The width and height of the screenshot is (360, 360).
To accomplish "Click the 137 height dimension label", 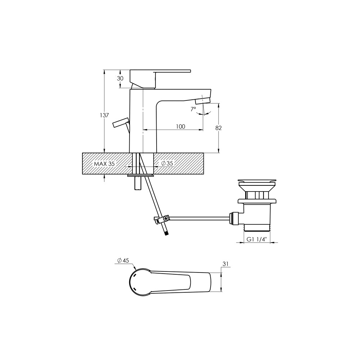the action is [104, 115].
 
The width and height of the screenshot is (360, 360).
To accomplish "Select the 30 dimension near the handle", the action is [120, 78].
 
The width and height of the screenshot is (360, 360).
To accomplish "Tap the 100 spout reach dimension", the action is [181, 126].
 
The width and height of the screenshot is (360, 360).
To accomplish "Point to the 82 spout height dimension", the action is [219, 128].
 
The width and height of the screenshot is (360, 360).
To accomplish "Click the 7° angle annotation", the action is [193, 109].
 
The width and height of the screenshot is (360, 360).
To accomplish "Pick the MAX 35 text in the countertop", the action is [104, 164].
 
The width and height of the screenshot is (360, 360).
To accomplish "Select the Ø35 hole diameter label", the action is [167, 163].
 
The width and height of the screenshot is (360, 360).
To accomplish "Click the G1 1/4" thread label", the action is [256, 239].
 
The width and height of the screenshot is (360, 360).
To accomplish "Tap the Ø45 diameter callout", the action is [123, 260].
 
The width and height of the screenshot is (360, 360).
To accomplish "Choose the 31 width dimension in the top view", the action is [226, 264].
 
